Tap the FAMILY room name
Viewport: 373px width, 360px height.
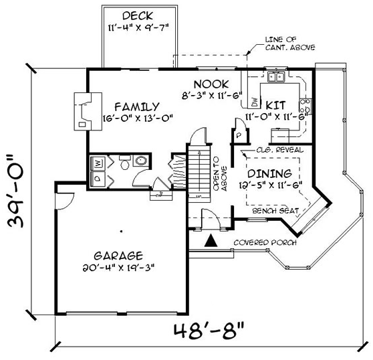click(x=136, y=106)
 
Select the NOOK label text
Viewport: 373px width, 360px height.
click(x=211, y=84)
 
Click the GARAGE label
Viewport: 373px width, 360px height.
click(x=118, y=255)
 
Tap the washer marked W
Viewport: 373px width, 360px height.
click(x=98, y=163)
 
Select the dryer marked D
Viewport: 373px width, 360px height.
click(x=98, y=178)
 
